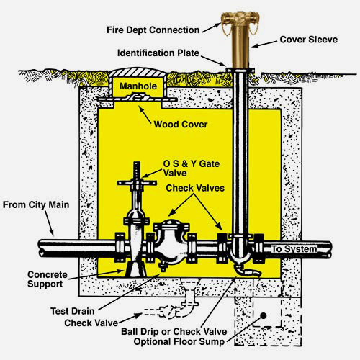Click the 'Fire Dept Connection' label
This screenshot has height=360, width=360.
(x=153, y=30)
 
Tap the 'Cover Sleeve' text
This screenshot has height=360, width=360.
(x=309, y=40)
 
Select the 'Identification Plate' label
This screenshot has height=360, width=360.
(x=158, y=53)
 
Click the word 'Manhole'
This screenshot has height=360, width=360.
(x=138, y=86)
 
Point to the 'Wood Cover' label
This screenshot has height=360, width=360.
(x=181, y=125)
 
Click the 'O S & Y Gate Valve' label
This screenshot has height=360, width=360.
(x=192, y=168)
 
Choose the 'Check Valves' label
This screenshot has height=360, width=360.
(x=195, y=188)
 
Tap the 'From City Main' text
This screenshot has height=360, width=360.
(x=36, y=204)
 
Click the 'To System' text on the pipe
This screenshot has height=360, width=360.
(x=294, y=249)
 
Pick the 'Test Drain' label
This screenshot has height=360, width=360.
(x=73, y=311)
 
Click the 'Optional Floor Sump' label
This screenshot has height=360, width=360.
(x=179, y=341)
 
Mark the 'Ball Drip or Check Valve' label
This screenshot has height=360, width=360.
(x=174, y=332)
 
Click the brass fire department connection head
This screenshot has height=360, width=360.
(x=240, y=19)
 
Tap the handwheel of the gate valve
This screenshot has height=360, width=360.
(x=137, y=183)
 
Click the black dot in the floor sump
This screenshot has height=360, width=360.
(x=264, y=316)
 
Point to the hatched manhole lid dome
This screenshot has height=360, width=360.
(x=137, y=72)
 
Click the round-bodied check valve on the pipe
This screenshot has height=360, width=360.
(x=171, y=243)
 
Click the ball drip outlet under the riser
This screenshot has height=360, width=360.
(x=247, y=271)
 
